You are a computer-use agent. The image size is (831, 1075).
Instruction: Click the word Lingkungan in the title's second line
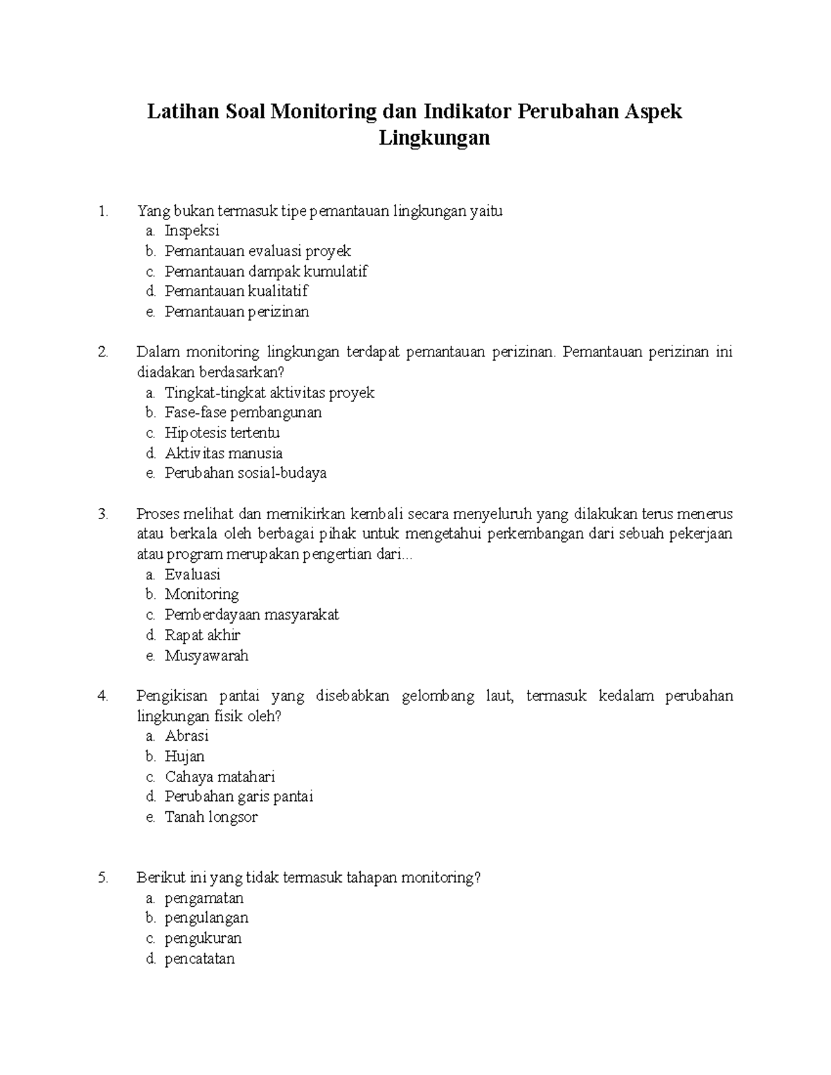tap(434, 138)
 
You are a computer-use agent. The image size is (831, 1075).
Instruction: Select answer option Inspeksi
tap(192, 231)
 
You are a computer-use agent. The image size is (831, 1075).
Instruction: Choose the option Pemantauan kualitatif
tap(236, 291)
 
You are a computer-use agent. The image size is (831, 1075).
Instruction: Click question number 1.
tap(104, 211)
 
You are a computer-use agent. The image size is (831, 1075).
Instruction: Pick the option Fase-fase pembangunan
tap(243, 413)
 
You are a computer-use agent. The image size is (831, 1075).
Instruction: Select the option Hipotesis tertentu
tap(222, 433)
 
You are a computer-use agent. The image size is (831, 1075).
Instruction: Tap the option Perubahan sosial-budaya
tap(245, 473)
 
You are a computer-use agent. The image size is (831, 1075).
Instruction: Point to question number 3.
tap(104, 514)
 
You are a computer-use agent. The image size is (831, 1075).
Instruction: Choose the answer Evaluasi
tap(193, 575)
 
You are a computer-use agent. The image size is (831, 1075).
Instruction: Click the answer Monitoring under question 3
tap(202, 595)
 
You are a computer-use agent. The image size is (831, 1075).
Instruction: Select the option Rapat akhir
tap(202, 635)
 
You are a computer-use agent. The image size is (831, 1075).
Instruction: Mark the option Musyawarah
tap(206, 656)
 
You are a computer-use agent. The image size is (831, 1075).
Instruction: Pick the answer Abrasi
tap(186, 736)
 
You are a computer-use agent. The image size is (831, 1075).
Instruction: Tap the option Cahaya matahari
tap(220, 777)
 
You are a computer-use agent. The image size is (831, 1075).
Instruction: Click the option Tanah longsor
tap(211, 817)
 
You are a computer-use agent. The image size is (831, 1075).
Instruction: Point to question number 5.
tap(104, 878)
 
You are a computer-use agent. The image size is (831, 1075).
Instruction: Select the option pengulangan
tap(206, 919)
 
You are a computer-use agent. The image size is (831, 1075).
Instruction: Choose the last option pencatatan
tap(199, 959)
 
